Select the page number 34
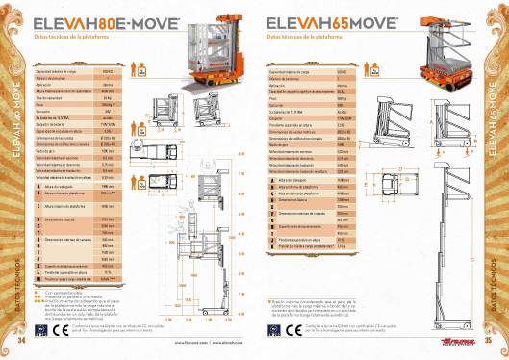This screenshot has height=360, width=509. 23,339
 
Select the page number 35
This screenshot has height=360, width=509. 488,339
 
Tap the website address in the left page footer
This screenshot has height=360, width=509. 197,341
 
